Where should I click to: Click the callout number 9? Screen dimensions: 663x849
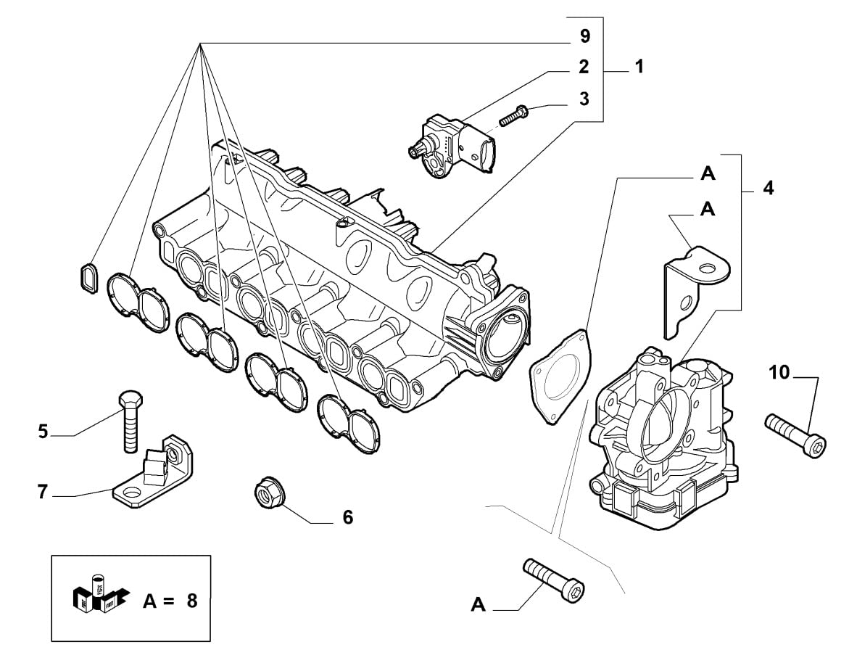point(584,36)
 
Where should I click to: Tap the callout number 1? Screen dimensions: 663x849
point(638,67)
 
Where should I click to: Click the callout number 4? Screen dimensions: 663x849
point(768,189)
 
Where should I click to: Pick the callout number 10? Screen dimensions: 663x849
point(779,373)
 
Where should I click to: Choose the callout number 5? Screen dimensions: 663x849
point(44,432)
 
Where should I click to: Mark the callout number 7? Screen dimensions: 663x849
point(43,493)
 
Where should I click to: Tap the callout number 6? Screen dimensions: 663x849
point(347,517)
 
